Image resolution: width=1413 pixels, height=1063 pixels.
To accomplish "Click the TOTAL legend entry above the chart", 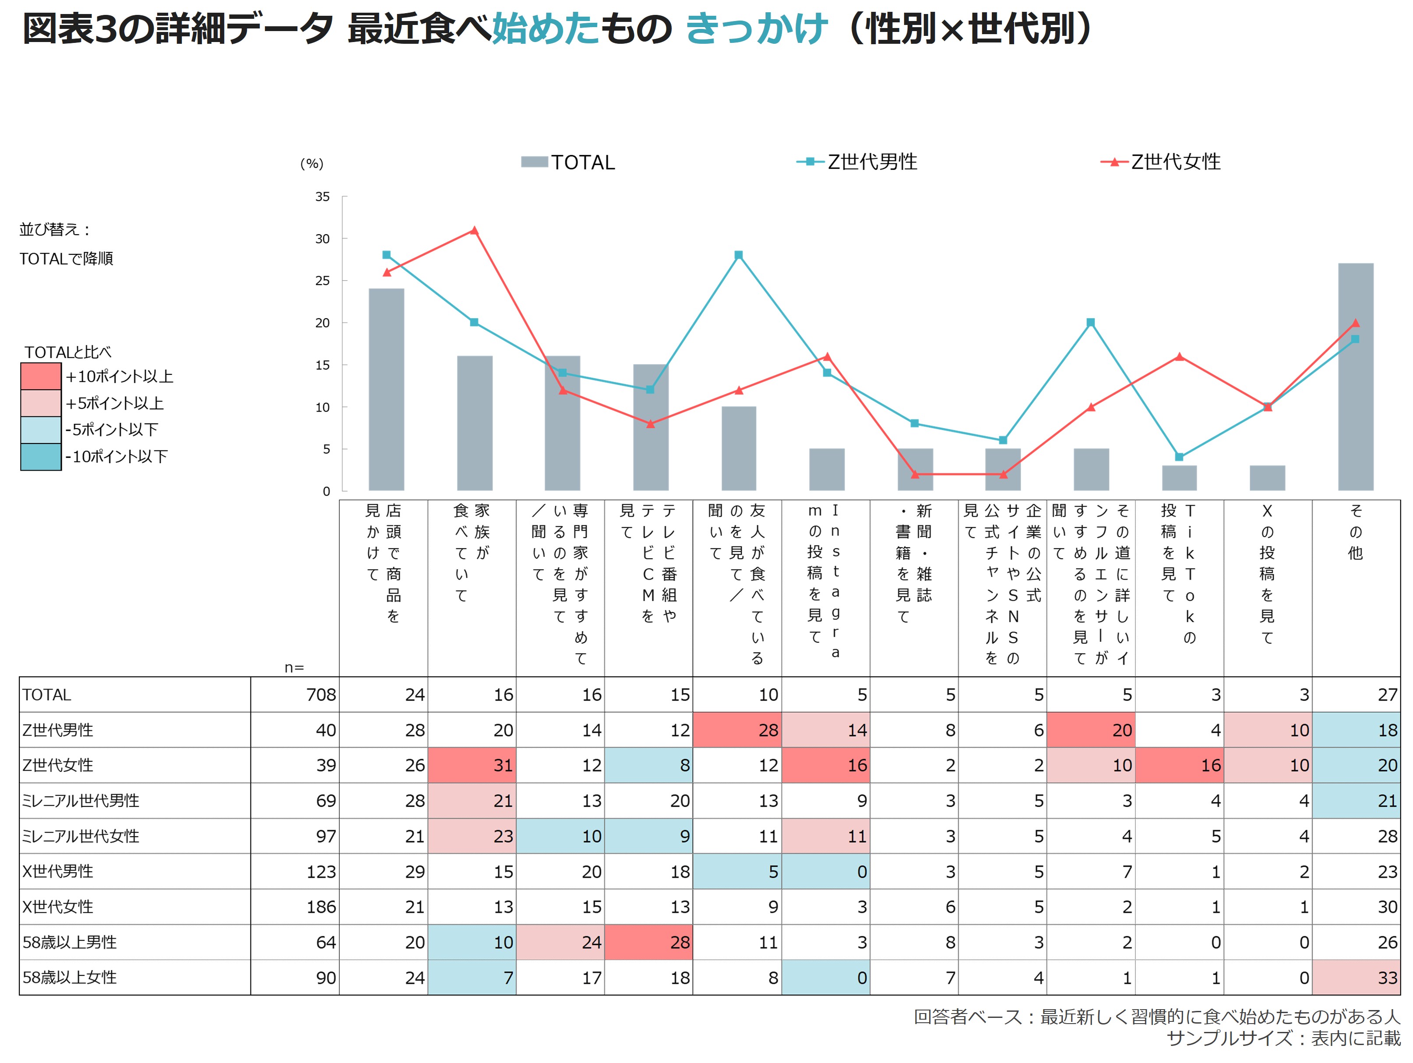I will click(x=568, y=162).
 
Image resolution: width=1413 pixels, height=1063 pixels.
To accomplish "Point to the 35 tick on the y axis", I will click(x=323, y=197).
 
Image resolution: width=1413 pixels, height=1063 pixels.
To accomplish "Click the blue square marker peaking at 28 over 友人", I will click(x=738, y=255).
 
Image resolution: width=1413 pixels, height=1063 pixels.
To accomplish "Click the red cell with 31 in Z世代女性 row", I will click(x=472, y=765).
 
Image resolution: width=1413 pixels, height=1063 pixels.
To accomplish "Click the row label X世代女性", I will click(x=57, y=907).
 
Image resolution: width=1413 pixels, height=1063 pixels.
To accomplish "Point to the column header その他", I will click(x=1356, y=531).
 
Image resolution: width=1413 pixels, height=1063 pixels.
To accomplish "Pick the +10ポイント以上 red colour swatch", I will click(x=41, y=376).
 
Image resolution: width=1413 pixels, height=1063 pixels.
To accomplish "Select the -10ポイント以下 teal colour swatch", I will click(x=41, y=457).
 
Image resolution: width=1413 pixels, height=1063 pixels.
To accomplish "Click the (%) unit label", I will click(x=312, y=164).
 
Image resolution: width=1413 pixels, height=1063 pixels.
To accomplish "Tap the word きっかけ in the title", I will click(x=756, y=29).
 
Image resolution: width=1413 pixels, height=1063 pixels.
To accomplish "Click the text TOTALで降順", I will click(x=67, y=259).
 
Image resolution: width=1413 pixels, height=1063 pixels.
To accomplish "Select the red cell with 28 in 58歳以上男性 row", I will click(x=649, y=942).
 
